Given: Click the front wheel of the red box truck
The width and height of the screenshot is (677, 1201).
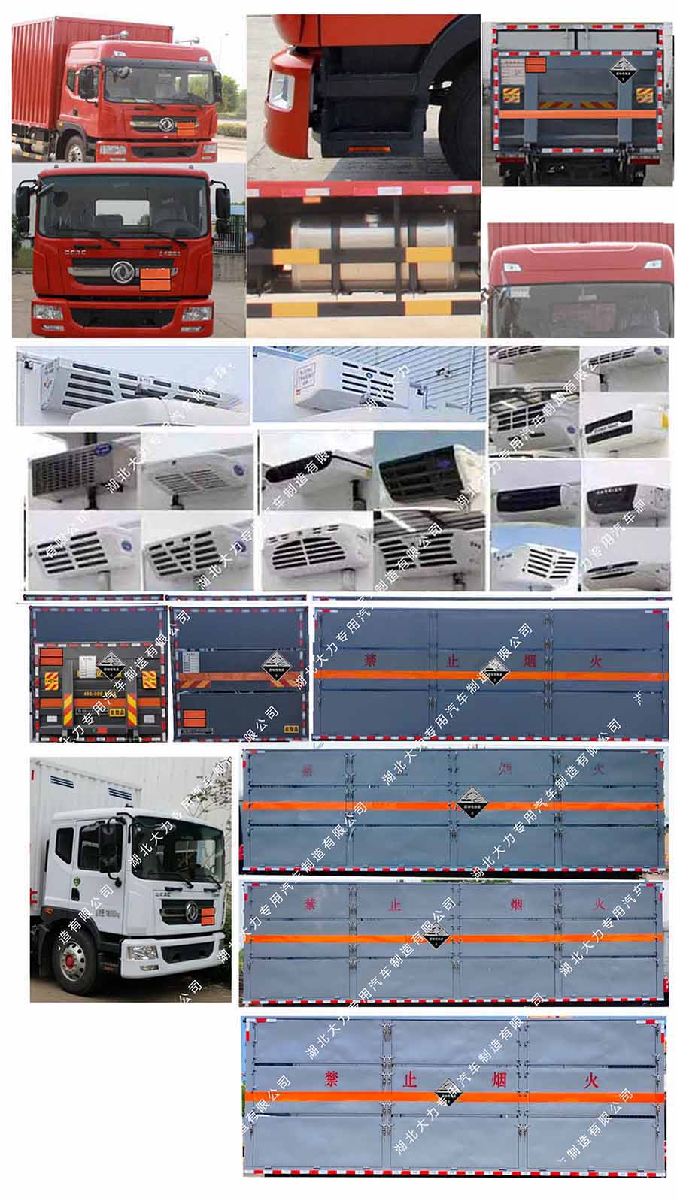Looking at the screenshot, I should [x=74, y=149].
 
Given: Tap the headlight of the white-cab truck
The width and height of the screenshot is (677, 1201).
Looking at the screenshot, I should [x=143, y=953].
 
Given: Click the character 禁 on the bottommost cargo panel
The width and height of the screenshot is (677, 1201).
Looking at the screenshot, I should [x=332, y=1079].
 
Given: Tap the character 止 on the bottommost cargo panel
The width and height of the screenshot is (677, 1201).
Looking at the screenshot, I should [x=410, y=1080].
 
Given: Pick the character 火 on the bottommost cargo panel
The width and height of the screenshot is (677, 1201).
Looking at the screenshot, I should [x=592, y=1080].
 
